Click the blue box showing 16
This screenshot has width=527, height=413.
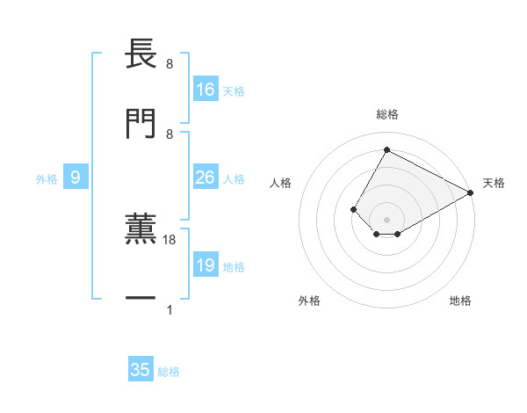click(x=206, y=90)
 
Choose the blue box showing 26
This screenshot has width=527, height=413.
click(x=206, y=178)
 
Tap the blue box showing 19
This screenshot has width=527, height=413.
click(x=206, y=265)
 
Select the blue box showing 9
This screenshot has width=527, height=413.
click(x=76, y=178)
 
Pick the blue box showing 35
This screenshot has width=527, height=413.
click(x=141, y=370)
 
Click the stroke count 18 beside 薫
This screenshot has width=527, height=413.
click(x=170, y=239)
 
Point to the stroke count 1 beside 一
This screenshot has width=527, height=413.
click(x=169, y=310)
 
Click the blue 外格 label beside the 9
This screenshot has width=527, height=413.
click(x=47, y=179)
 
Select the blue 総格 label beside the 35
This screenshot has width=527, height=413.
click(x=170, y=372)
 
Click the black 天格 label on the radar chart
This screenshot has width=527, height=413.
click(x=494, y=183)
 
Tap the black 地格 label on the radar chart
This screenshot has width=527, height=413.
click(x=460, y=301)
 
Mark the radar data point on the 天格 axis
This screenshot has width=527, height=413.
click(x=471, y=192)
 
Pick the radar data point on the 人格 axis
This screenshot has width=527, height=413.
click(x=353, y=209)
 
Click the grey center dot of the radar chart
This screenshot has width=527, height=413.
click(x=386, y=220)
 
